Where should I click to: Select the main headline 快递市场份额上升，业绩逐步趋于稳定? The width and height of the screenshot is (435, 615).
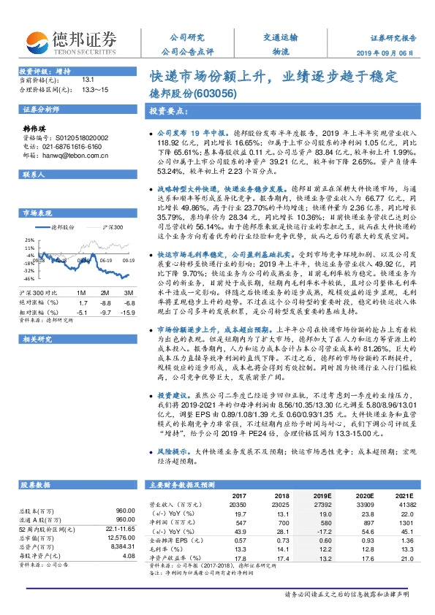click(x=273, y=75)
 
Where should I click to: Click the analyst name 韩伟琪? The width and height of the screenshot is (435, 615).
click(x=35, y=127)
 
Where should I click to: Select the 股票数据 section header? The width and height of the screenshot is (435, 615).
click(x=35, y=484)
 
